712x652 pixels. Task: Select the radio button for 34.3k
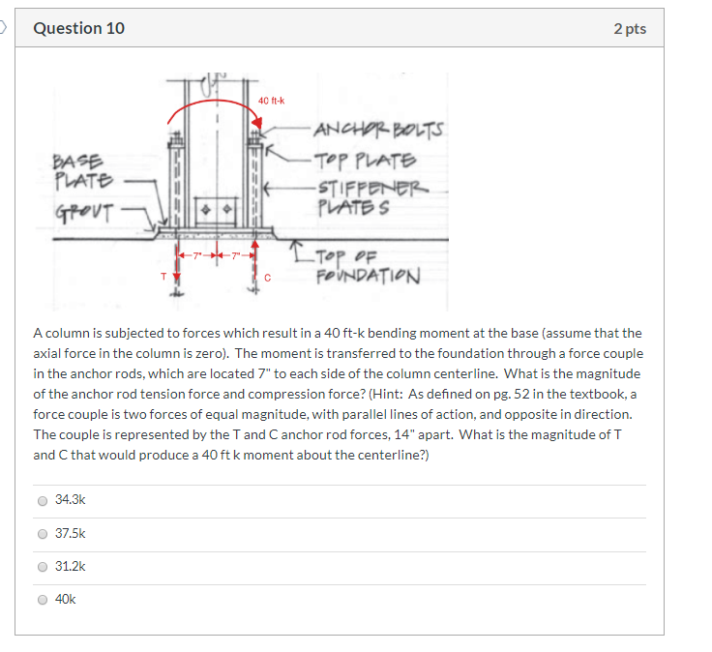42,501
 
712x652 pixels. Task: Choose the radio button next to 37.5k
42,534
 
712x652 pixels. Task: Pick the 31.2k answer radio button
42,567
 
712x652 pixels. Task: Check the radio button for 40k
42,600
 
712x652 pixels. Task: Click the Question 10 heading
78,28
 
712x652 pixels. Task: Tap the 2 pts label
629,28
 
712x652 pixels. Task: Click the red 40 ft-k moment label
271,101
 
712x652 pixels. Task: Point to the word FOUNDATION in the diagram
368,277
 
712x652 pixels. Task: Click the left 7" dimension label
197,253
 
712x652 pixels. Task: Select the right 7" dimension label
236,253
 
